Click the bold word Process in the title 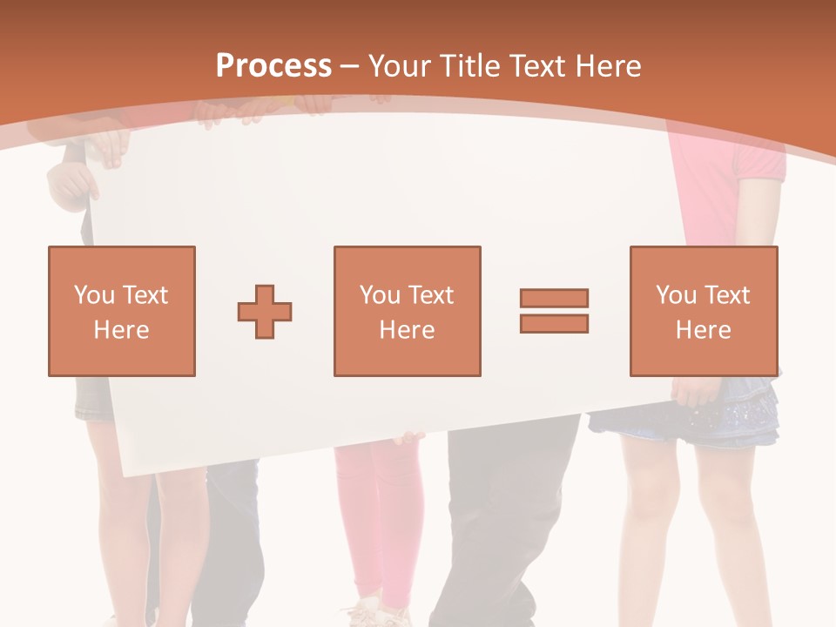[274, 66]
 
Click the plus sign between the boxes [265, 311]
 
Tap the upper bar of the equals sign [554, 298]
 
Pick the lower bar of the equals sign [554, 323]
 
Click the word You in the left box [94, 295]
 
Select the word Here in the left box [122, 330]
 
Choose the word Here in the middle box [408, 330]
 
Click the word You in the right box [676, 295]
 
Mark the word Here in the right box [704, 330]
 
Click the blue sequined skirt [688, 418]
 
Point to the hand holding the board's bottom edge [408, 437]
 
